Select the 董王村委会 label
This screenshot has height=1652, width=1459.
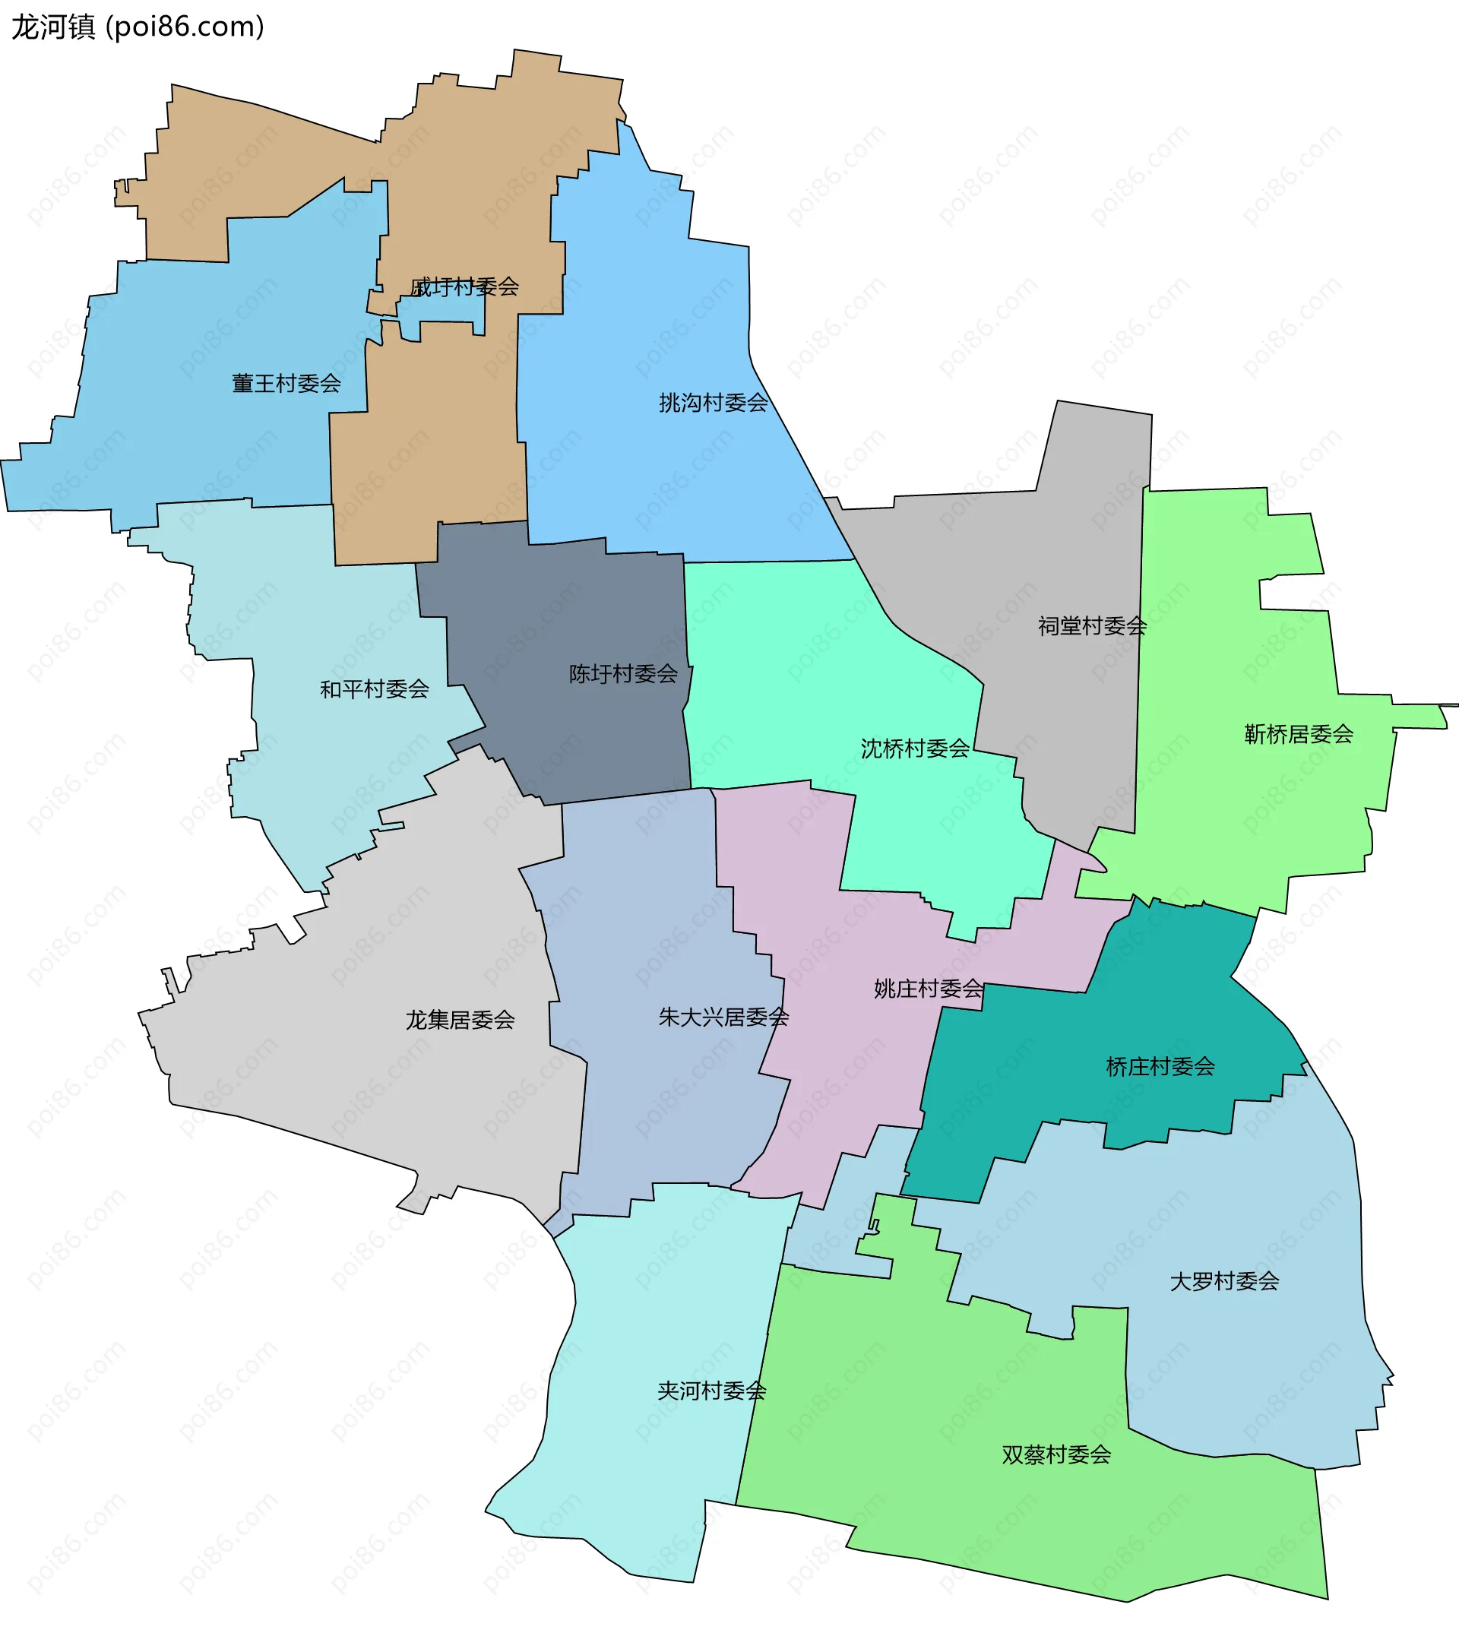pyautogui.click(x=286, y=383)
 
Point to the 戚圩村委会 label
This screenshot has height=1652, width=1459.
pyautogui.click(x=465, y=287)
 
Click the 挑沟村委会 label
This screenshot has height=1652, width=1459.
pyautogui.click(x=713, y=403)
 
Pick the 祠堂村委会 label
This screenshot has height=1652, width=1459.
pyautogui.click(x=1092, y=625)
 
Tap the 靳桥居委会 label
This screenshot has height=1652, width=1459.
pyautogui.click(x=1298, y=734)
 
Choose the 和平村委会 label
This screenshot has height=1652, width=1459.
pyautogui.click(x=374, y=688)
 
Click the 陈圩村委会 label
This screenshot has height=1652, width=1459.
pyautogui.click(x=623, y=673)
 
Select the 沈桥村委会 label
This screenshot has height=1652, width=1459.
pyautogui.click(x=914, y=748)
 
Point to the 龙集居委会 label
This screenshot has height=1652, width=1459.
pyautogui.click(x=460, y=1020)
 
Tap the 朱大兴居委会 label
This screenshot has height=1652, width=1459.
pyautogui.click(x=723, y=1017)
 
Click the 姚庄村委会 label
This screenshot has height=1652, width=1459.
pyautogui.click(x=928, y=989)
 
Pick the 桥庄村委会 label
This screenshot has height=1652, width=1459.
pyautogui.click(x=1160, y=1067)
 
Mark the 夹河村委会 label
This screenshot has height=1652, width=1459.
pyautogui.click(x=711, y=1391)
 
